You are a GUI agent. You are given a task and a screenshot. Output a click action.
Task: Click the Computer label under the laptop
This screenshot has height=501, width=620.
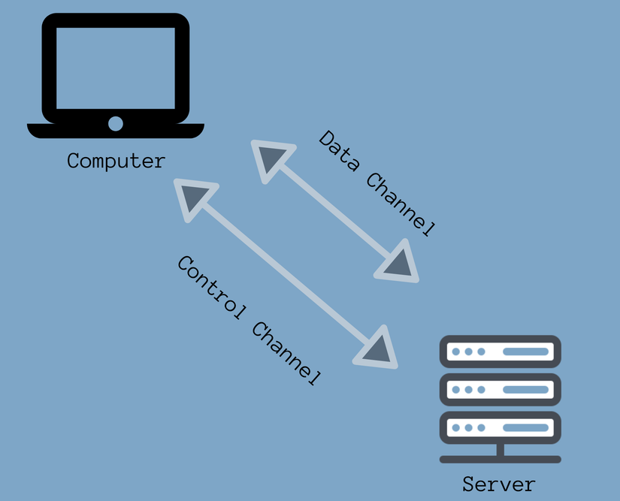[116, 161]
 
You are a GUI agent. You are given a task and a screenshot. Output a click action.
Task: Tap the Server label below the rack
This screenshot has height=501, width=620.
[499, 484]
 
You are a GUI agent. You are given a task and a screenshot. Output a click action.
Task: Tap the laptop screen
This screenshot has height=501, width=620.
[116, 68]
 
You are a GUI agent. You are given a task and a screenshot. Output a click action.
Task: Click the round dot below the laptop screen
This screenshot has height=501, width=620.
[116, 123]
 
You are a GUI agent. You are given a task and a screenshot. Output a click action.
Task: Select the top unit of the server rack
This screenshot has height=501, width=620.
[501, 352]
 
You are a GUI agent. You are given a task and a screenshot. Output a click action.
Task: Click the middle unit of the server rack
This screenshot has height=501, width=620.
[501, 390]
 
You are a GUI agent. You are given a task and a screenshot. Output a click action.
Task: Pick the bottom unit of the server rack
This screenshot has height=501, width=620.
[501, 427]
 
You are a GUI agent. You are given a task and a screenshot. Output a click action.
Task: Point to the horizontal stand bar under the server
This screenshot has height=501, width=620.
[501, 459]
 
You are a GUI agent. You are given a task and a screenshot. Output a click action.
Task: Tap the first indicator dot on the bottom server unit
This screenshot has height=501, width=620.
[455, 427]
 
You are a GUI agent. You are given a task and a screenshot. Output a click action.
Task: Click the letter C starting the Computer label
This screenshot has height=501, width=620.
[74, 161]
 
